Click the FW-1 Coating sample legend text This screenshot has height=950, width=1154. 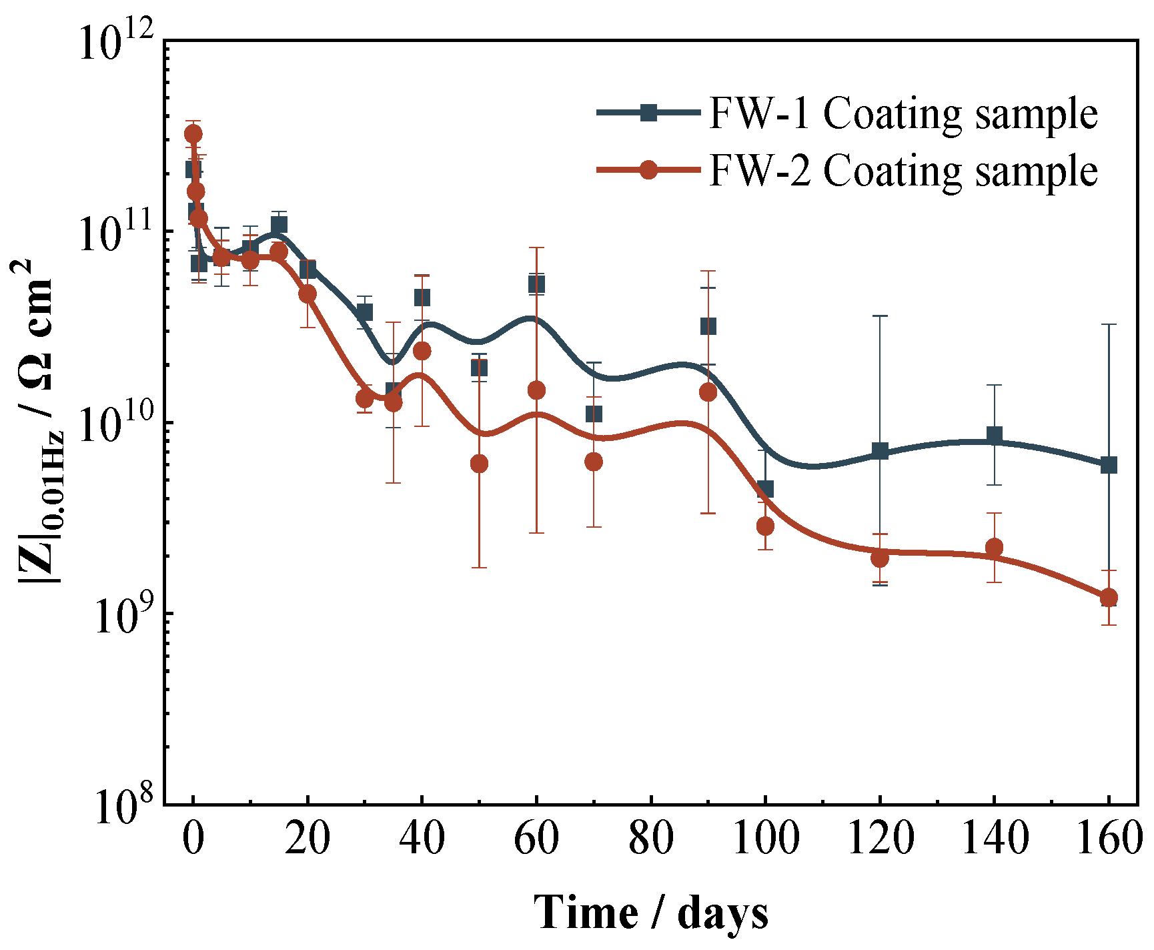pos(903,113)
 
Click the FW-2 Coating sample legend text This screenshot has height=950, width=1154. pos(903,171)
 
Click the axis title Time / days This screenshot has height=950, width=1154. pos(650,913)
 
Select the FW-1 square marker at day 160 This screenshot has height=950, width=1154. pos(1109,465)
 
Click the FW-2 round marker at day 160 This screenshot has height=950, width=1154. pos(1109,597)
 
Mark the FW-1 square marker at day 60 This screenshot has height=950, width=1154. pos(536,284)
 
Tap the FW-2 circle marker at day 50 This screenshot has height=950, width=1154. pos(479,464)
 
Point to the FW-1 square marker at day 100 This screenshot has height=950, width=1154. pos(765,489)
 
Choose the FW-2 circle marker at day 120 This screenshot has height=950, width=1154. pos(880,558)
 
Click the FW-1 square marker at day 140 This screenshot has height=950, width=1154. pos(995,436)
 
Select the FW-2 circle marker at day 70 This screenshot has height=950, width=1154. pos(594,462)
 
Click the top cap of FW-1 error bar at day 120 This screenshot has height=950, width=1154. pos(880,316)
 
